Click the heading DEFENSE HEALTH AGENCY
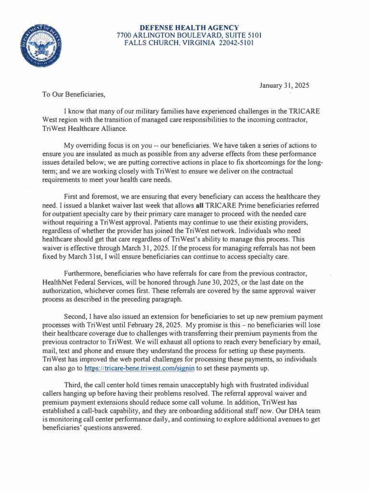185,27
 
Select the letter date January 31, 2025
284,86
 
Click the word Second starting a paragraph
75,317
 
